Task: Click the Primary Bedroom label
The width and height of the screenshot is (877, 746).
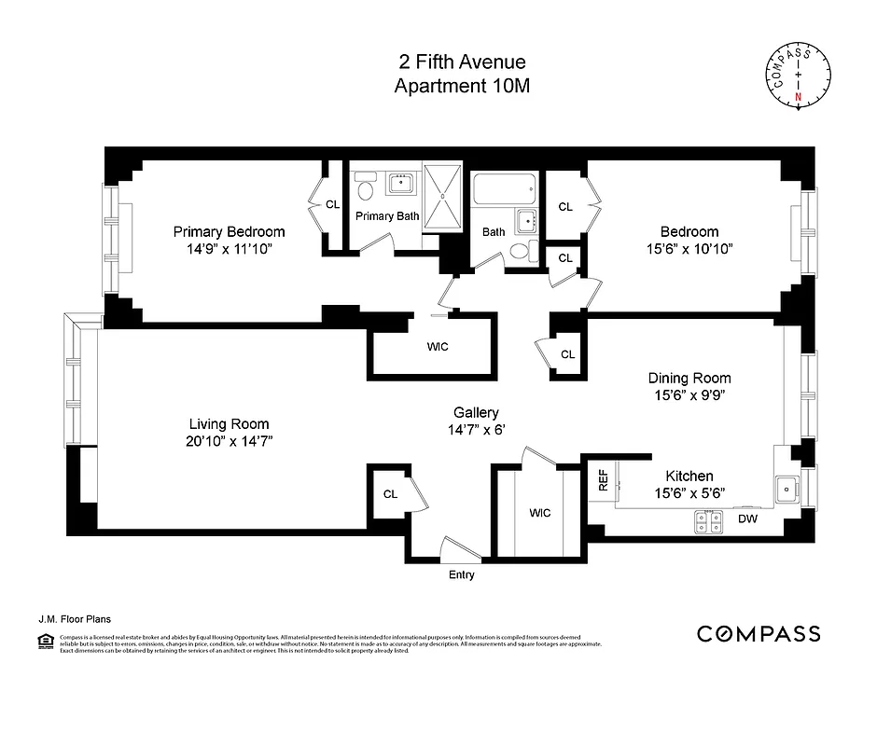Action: pos(229,232)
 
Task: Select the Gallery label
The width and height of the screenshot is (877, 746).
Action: pos(476,412)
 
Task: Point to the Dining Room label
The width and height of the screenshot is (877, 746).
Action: pos(689,378)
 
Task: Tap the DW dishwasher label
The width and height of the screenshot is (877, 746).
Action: pos(747,518)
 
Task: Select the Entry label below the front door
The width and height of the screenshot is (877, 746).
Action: pos(461,575)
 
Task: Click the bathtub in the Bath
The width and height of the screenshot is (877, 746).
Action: pos(505,192)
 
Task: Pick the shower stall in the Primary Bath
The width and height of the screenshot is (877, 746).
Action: pos(443,196)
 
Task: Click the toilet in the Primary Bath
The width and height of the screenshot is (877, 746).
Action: pos(367,189)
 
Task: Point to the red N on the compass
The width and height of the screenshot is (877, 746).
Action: pos(798,96)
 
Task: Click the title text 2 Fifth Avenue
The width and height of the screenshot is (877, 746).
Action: pos(460,63)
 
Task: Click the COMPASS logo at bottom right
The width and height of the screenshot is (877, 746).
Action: pos(759,634)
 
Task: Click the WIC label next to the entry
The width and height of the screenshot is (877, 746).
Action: pos(539,513)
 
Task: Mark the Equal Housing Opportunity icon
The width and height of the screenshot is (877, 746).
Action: pos(44,641)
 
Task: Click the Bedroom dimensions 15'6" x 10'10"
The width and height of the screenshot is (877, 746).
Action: pos(689,249)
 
